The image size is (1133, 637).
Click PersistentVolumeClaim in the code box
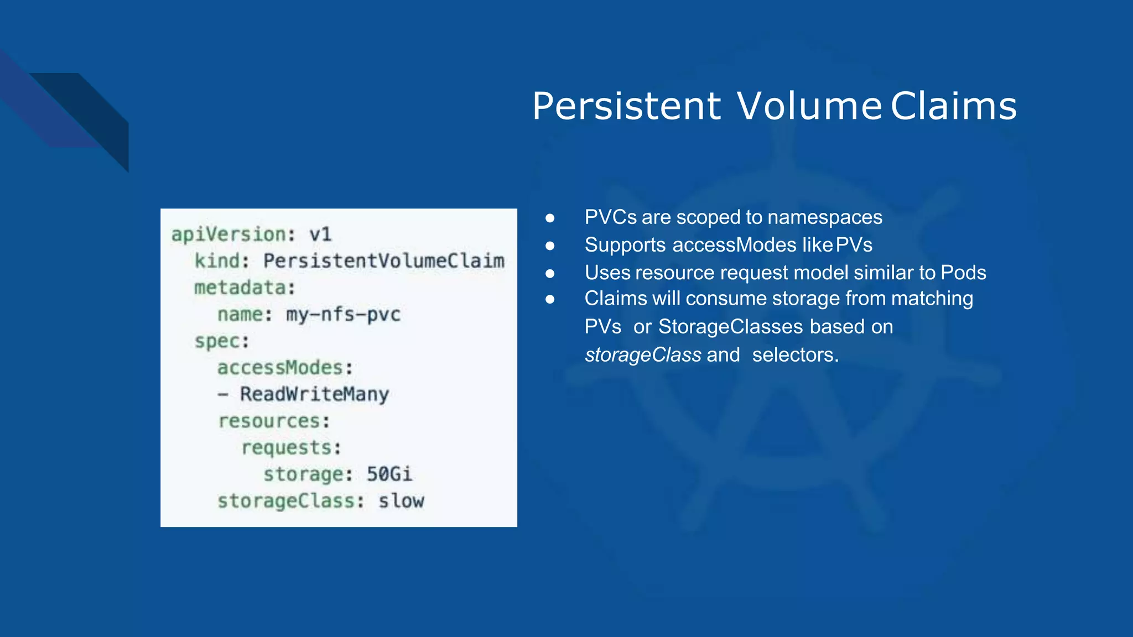coord(383,260)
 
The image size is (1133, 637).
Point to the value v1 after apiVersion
coord(320,234)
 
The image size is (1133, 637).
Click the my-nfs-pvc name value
coord(343,314)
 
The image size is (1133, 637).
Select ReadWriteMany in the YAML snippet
coord(314,394)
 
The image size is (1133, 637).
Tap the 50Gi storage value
coord(389,474)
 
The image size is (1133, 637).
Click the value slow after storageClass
coord(401,500)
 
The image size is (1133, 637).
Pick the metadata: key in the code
coord(245,288)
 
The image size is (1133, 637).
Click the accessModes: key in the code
coord(285,368)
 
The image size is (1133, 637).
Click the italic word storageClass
coord(643,355)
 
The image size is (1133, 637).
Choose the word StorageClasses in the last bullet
coord(730,327)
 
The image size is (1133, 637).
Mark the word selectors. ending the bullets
coord(795,355)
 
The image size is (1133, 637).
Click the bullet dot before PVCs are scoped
coord(550,218)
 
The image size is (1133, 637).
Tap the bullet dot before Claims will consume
coord(550,299)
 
